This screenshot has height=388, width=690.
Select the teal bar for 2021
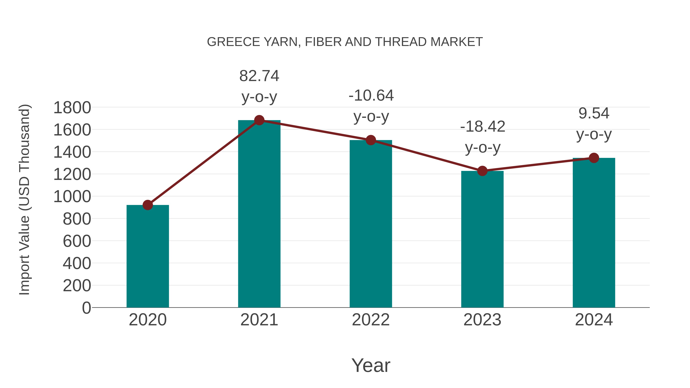tap(259, 214)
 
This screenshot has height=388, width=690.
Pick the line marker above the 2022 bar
tap(371, 140)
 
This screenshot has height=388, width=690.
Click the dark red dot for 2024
tap(594, 158)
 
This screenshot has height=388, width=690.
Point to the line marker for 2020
tap(148, 205)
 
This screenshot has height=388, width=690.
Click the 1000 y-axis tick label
tap(72, 197)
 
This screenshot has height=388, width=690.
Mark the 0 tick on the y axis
tap(86, 308)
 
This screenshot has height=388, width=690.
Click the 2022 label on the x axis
tap(371, 320)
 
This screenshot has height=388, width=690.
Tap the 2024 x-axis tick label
tap(594, 320)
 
